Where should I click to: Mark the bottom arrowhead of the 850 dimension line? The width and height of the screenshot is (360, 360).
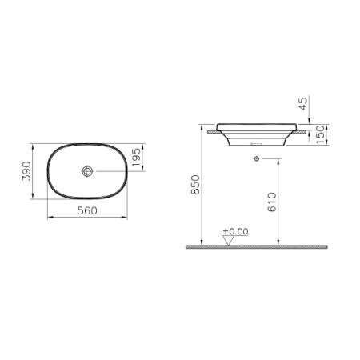[x=202, y=243]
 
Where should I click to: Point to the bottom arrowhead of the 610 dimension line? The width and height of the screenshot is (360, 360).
[x=279, y=243]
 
